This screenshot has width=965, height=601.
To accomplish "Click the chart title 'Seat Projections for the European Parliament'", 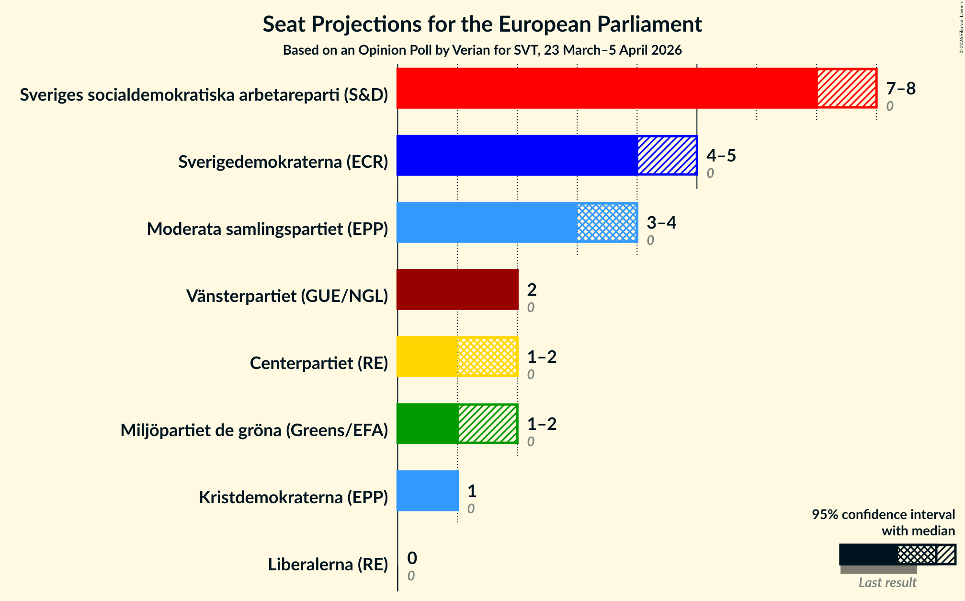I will (x=482, y=24).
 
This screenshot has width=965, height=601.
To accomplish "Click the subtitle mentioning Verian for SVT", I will (x=482, y=50).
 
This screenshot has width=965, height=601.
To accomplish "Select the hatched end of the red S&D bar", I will (x=846, y=88).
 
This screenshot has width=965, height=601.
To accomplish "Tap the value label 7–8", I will (x=900, y=89).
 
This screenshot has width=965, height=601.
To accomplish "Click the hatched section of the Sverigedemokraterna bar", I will (x=667, y=155).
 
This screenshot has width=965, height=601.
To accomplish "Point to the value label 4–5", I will (x=721, y=156).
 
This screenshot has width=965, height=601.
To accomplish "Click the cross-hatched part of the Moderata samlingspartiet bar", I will (x=607, y=222).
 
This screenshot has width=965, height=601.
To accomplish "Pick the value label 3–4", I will (x=661, y=223).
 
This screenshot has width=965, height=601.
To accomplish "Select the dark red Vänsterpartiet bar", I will (x=457, y=289).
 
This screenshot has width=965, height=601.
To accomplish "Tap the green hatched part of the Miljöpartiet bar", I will (x=488, y=424).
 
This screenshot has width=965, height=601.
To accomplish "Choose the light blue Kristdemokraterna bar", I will (x=428, y=491).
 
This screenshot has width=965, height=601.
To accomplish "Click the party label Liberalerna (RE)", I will (x=328, y=565).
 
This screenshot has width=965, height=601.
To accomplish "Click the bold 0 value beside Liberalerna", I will (x=412, y=558).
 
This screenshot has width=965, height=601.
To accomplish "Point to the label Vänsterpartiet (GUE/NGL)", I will (x=287, y=296).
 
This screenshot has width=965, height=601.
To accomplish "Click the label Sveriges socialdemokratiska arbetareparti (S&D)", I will (x=204, y=95).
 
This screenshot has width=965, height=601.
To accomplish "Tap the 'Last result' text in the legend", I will (x=887, y=583).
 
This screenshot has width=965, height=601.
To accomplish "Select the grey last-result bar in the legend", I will (x=878, y=569).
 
